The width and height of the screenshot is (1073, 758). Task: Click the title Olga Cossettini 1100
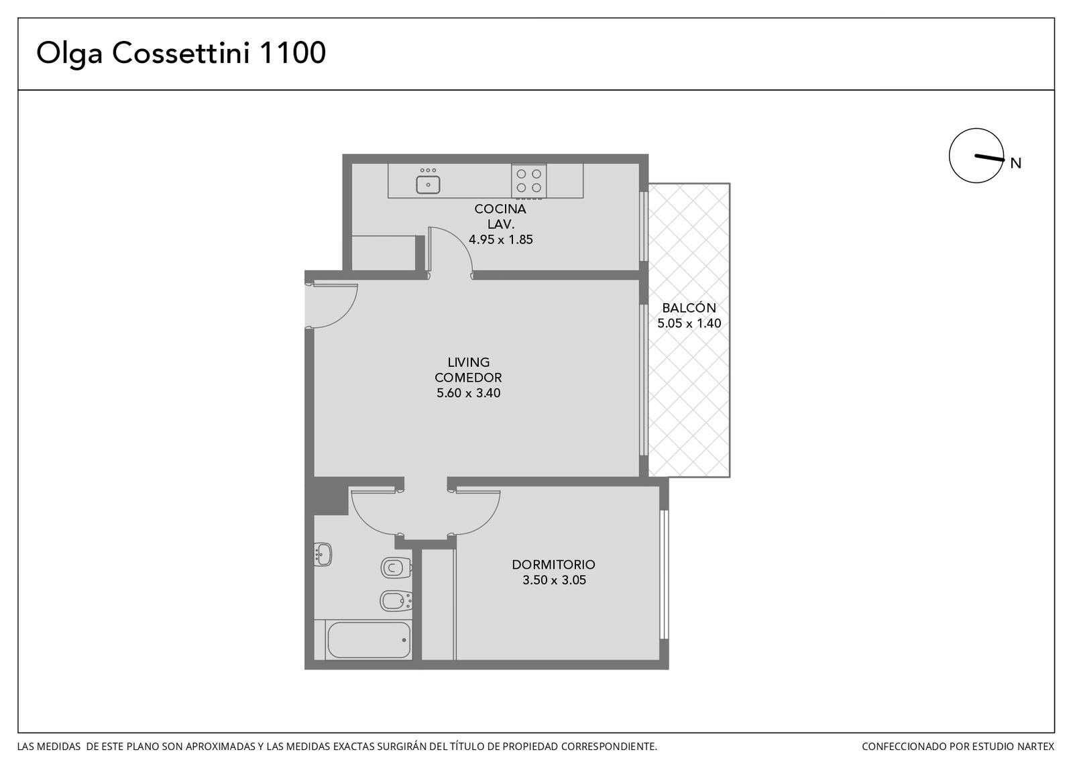181,53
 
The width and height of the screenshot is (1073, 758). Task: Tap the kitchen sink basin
428,185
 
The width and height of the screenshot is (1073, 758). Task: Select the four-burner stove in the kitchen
529,181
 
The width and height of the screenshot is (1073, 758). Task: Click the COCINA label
500,209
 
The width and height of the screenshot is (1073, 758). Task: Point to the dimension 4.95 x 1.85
500,239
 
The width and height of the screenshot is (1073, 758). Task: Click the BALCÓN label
689,308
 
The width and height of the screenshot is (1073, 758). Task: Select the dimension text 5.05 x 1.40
689,323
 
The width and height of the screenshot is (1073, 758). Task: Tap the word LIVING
469,362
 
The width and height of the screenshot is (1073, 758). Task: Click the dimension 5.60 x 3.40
469,393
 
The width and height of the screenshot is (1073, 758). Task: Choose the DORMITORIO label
554,564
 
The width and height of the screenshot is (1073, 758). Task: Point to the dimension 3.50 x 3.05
554,580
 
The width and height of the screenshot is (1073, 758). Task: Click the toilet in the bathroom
396,568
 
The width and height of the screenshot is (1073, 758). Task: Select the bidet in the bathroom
396,601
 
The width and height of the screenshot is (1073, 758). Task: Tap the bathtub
369,640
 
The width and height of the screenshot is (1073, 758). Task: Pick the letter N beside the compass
1015,164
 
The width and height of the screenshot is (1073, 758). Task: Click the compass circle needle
990,158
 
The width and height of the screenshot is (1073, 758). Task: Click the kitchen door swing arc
461,243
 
